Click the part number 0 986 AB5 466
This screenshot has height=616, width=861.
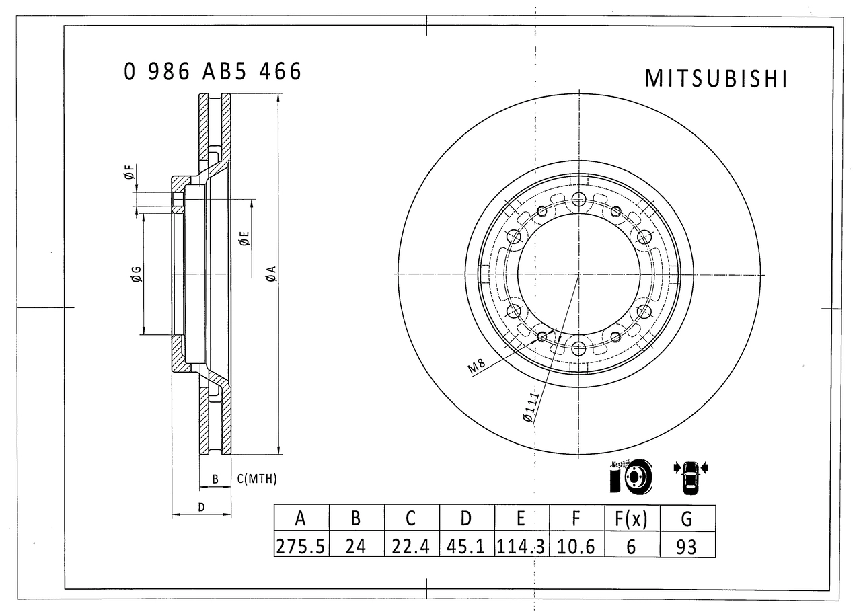[x=213, y=71]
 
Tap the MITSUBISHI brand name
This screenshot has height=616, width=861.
[x=716, y=79]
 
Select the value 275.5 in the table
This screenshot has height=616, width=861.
[x=301, y=545]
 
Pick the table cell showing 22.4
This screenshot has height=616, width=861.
[x=411, y=545]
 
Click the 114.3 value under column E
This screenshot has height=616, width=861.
[x=521, y=545]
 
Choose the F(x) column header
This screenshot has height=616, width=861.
[x=631, y=518]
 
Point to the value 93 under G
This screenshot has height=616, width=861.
[x=687, y=545]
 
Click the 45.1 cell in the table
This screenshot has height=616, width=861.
[x=466, y=545]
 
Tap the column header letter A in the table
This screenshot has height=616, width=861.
[x=301, y=518]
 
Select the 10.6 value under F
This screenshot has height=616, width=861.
[x=576, y=545]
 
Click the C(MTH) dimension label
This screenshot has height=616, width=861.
[x=257, y=479]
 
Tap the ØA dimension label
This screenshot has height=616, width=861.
[x=270, y=274]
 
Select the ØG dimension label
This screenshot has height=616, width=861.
[x=135, y=274]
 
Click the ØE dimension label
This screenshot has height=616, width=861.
[x=244, y=238]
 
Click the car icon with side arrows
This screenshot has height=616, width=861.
[x=690, y=475]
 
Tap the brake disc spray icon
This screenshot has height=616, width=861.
[x=630, y=476]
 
